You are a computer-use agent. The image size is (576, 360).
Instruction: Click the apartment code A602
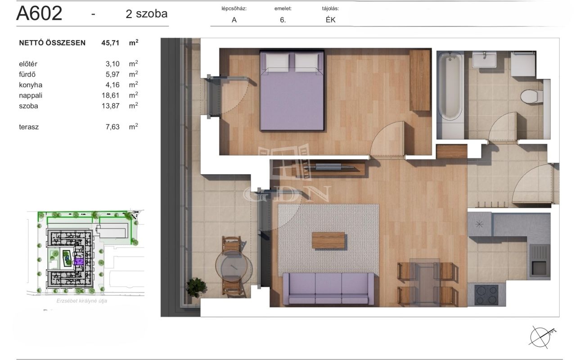(x=39, y=13)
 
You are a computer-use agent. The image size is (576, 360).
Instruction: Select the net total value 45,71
(x=110, y=43)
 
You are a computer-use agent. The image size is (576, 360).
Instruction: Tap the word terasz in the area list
(x=29, y=127)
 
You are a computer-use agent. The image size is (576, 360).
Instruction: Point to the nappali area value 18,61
(x=111, y=95)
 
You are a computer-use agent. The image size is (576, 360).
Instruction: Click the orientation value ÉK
(x=330, y=20)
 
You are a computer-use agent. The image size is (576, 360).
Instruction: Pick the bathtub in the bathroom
(x=450, y=86)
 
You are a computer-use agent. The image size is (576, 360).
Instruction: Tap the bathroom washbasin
(x=484, y=59)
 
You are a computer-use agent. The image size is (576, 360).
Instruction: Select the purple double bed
(x=292, y=90)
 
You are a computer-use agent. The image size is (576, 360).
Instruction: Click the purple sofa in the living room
(x=328, y=288)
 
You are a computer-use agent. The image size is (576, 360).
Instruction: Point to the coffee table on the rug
(x=328, y=240)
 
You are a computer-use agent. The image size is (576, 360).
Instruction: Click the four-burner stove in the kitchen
(x=486, y=295)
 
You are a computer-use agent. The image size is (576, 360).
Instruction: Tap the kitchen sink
(x=539, y=261)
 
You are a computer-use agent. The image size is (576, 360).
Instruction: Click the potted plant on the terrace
(x=196, y=287)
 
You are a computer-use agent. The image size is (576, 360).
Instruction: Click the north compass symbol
(x=541, y=337)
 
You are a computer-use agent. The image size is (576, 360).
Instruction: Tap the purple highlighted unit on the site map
(x=79, y=261)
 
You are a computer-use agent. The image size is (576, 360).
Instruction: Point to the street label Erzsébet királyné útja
(x=82, y=301)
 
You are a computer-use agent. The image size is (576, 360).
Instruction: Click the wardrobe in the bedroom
(x=420, y=81)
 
